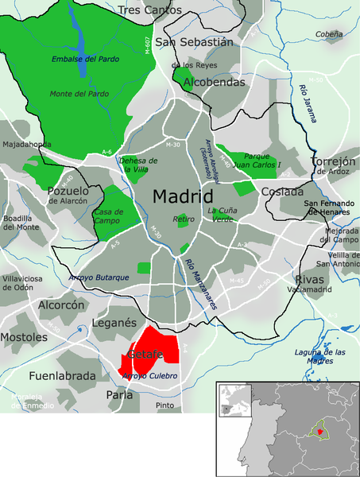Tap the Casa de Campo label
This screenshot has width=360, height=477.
coord(109,216)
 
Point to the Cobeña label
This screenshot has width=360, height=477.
coord(328,35)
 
